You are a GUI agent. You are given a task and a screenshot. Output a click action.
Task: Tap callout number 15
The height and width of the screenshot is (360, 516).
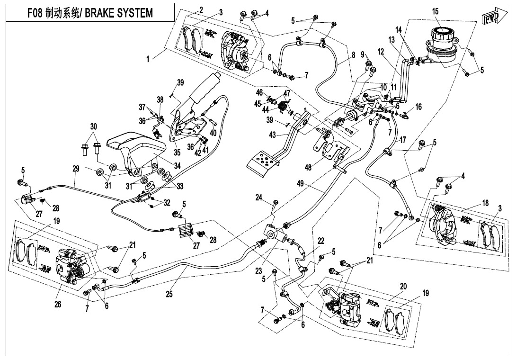tap(435, 11)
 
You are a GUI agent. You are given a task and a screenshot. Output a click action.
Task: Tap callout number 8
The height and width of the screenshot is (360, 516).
tap(352, 55)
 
